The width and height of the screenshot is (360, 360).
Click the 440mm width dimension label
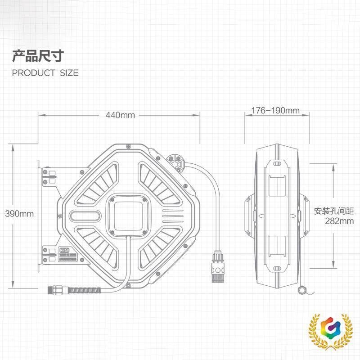(120, 115)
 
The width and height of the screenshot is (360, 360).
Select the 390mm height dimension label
(19, 213)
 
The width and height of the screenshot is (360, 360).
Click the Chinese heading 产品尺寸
(38, 56)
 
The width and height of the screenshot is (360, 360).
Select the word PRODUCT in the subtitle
(33, 73)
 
